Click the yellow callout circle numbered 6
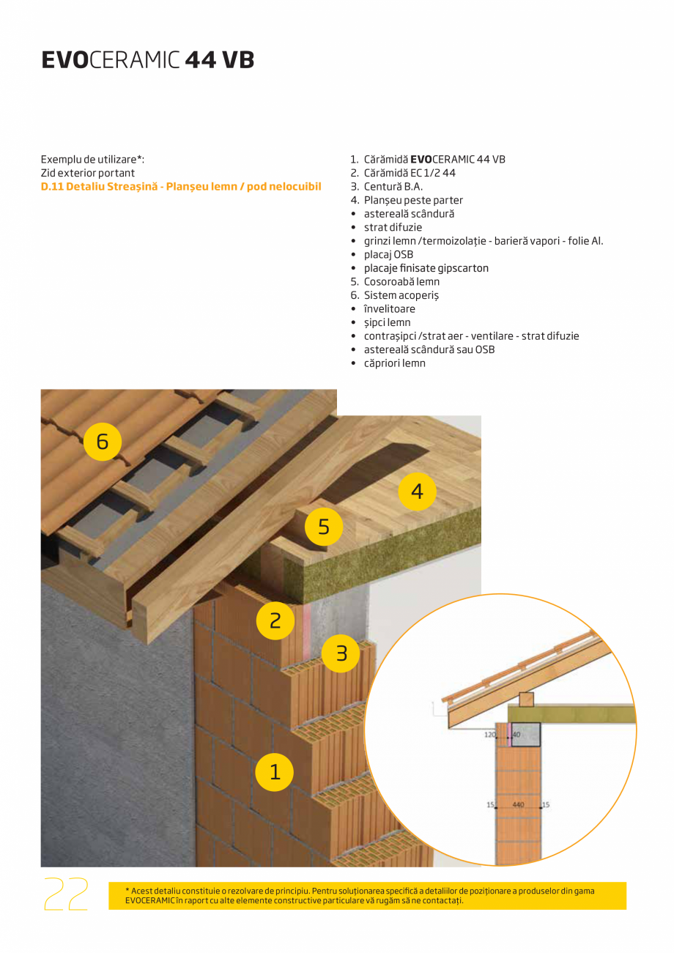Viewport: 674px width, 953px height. pyautogui.click(x=102, y=441)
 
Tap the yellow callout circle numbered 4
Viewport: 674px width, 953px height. pyautogui.click(x=417, y=492)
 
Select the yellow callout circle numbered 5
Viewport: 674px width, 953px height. pyautogui.click(x=324, y=526)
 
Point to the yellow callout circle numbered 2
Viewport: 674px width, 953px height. pyautogui.click(x=275, y=620)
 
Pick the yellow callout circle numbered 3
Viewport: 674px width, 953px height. pyautogui.click(x=341, y=652)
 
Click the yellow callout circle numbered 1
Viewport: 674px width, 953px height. pyautogui.click(x=275, y=771)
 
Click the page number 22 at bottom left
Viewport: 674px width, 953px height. pyautogui.click(x=66, y=894)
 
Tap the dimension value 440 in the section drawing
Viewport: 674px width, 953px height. pyautogui.click(x=518, y=804)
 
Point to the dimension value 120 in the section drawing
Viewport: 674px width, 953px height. pyautogui.click(x=490, y=733)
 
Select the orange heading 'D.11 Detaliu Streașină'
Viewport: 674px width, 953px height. pyautogui.click(x=181, y=187)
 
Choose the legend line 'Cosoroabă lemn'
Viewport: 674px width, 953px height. pyautogui.click(x=401, y=281)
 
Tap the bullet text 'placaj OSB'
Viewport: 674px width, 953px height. pyautogui.click(x=388, y=254)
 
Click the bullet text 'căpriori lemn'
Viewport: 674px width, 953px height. pyautogui.click(x=394, y=363)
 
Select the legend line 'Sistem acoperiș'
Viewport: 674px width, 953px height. pyautogui.click(x=401, y=295)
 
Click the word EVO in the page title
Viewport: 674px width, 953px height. pyautogui.click(x=64, y=60)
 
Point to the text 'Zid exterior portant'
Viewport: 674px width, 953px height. pyautogui.click(x=88, y=173)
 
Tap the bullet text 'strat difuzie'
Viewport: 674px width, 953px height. pyautogui.click(x=393, y=227)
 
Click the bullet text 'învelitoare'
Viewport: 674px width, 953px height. pyautogui.click(x=389, y=309)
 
